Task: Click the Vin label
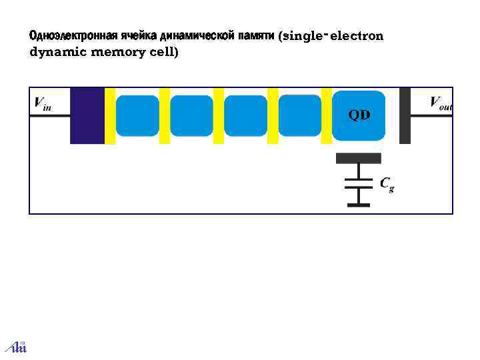coord(42,103)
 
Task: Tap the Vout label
coord(441,103)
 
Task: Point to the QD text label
coord(359,115)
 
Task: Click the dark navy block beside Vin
coord(87,116)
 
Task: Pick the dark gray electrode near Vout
coord(405,116)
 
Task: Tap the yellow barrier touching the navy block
coord(110,116)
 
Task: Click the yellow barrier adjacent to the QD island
coord(327,116)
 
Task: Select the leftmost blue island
coord(137,116)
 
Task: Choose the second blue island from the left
coord(191,116)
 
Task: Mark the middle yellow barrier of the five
coord(219,116)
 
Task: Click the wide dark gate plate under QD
coord(359,158)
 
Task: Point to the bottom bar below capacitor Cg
coord(358,204)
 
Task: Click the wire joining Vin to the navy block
coord(50,116)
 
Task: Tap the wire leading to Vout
coord(431,116)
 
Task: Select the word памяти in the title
coord(255,35)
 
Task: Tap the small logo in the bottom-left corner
coord(15,346)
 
